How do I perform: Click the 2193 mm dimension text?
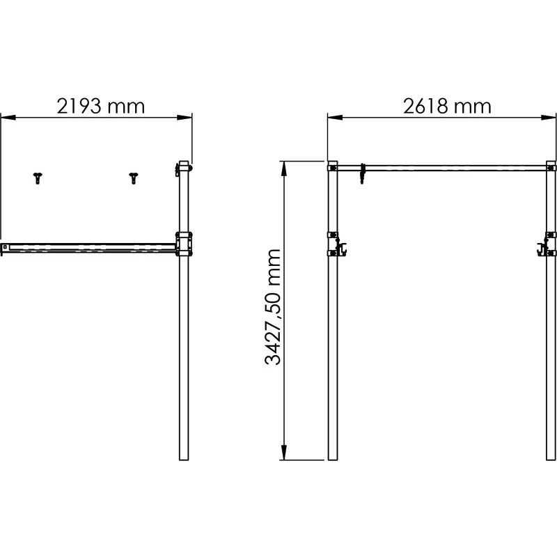click(100, 106)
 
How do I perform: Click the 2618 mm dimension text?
click(446, 106)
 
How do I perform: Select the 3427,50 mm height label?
click(274, 307)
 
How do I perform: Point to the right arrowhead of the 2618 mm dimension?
click(548, 117)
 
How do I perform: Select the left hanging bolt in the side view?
click(37, 178)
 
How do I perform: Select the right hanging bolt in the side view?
click(133, 178)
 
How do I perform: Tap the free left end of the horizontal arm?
click(6, 247)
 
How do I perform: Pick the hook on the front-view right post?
click(543, 247)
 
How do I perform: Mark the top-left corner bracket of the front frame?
click(333, 167)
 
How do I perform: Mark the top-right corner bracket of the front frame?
click(551, 167)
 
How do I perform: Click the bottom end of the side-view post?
click(184, 457)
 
